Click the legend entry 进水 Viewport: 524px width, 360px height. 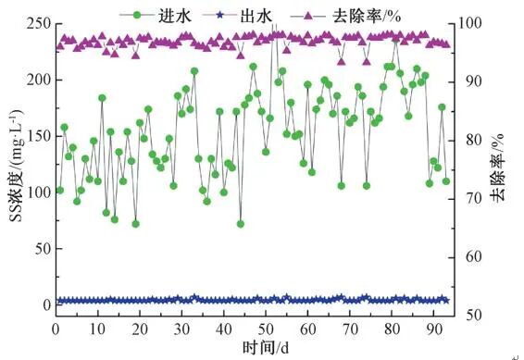click(x=159, y=13)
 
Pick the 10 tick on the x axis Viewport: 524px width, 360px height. click(x=97, y=329)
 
